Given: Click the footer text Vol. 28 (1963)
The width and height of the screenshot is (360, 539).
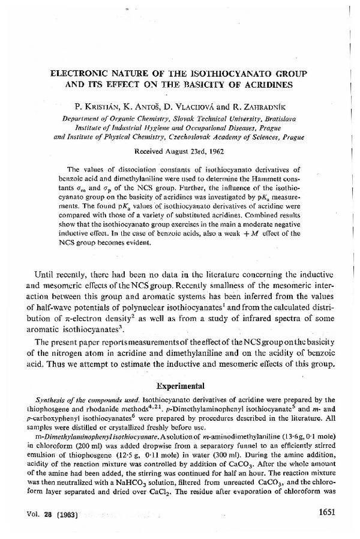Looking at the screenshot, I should pos(56,514).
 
